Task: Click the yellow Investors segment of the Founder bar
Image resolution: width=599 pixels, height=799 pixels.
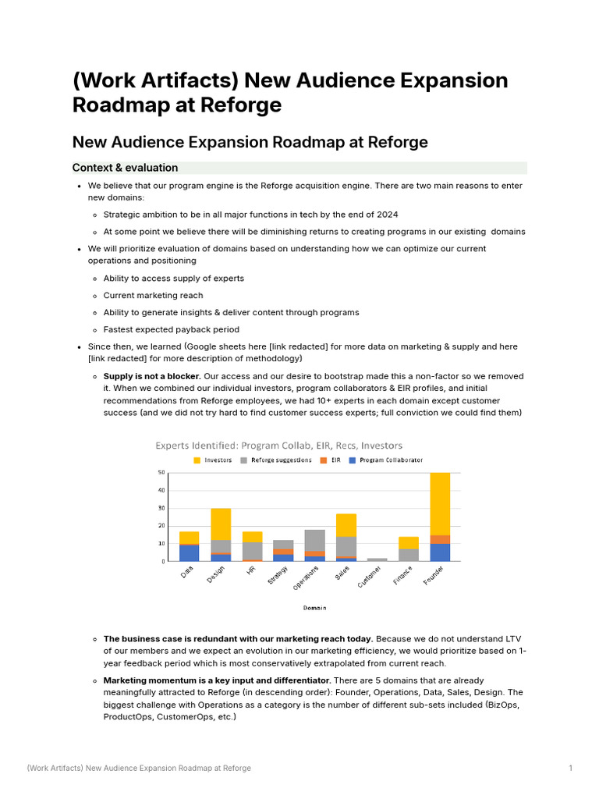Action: coord(440,503)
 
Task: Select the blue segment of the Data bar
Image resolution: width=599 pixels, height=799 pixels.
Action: coord(190,552)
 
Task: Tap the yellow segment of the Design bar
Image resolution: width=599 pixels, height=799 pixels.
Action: coord(221,524)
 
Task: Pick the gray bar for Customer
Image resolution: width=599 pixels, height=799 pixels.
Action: coord(377,559)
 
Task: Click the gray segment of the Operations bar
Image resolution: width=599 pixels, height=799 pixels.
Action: coord(314,540)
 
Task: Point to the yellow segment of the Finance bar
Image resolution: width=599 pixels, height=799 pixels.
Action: coord(409,542)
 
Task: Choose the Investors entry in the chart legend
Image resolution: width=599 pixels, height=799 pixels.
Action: coord(212,460)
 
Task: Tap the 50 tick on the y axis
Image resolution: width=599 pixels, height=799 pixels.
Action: coord(161,473)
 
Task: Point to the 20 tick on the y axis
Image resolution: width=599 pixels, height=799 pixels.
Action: coord(161,526)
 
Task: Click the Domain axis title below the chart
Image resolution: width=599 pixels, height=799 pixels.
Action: coord(314,608)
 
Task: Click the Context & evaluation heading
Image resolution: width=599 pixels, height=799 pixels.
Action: coord(125,168)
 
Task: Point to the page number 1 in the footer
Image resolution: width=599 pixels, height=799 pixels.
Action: coord(571,769)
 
